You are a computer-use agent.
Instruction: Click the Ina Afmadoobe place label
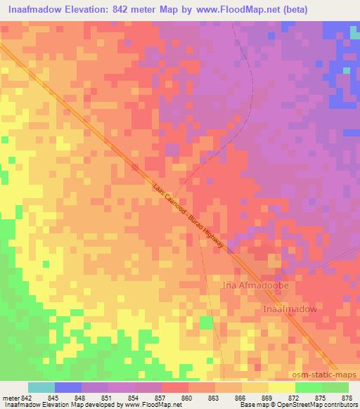(x=255, y=286)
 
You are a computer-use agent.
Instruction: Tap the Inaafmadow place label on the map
(x=290, y=309)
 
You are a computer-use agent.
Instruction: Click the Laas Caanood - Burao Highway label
(x=188, y=216)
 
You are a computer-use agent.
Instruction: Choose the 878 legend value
(x=348, y=397)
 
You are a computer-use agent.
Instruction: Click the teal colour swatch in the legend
(x=41, y=387)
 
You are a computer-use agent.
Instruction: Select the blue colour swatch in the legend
(x=68, y=387)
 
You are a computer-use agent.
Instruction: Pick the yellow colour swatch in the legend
(x=282, y=387)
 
